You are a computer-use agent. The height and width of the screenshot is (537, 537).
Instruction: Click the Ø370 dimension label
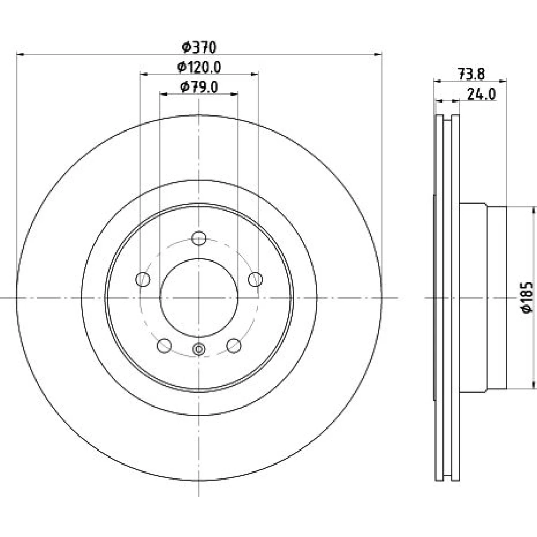(x=199, y=48)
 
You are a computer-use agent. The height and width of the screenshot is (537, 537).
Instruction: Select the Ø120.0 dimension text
(x=199, y=67)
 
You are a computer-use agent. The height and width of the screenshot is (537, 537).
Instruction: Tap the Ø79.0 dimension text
(x=199, y=87)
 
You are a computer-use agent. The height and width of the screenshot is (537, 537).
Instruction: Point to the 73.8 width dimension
(x=471, y=74)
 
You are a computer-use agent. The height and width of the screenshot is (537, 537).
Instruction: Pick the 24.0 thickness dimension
(x=481, y=94)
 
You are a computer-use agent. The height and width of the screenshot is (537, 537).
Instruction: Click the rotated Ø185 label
(x=527, y=297)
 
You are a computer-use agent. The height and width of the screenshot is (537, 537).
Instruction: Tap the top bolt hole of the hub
(x=199, y=238)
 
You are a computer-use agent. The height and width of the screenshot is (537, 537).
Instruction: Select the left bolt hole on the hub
(x=143, y=279)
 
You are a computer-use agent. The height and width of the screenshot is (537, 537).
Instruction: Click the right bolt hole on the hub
(x=255, y=279)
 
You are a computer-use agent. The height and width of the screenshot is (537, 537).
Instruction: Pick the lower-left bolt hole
(x=164, y=345)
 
